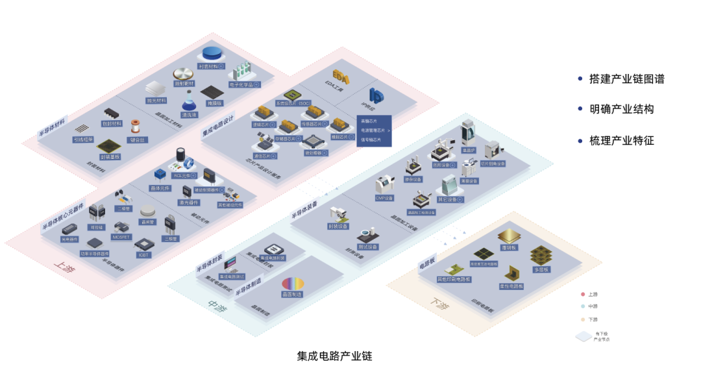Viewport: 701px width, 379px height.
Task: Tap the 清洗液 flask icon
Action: [190, 102]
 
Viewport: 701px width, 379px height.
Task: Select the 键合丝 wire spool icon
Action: [136, 126]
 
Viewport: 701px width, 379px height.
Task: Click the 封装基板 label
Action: [110, 156]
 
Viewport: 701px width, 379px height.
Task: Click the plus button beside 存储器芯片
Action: [301, 138]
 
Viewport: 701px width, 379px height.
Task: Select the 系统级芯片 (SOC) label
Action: [293, 103]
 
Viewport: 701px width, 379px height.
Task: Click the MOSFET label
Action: [121, 237]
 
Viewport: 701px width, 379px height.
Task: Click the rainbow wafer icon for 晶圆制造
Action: [292, 283]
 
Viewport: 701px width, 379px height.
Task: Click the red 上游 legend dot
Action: [584, 294]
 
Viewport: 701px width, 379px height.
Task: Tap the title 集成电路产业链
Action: [334, 356]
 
